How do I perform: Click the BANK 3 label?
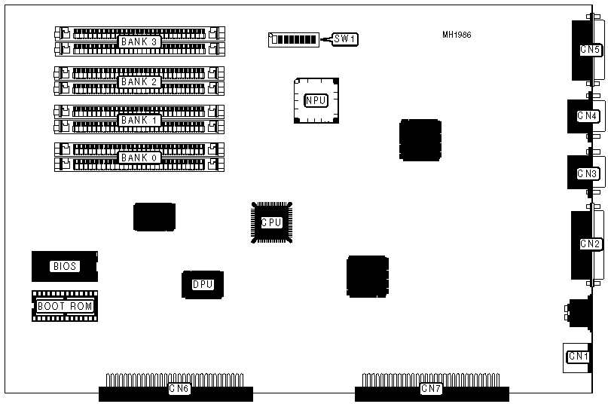[x=139, y=41]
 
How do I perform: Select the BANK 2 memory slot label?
[x=139, y=81]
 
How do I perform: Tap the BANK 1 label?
[x=139, y=120]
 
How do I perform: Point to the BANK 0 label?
[x=139, y=158]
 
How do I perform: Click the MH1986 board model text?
[x=457, y=35]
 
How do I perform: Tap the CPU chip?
[x=271, y=222]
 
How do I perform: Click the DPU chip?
[x=203, y=284]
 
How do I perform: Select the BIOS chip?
[x=65, y=266]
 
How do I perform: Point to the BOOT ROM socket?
[x=65, y=306]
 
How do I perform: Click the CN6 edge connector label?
[x=179, y=389]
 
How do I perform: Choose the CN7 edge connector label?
[x=431, y=389]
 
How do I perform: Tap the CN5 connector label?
[x=589, y=50]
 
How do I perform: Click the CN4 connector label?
[x=587, y=116]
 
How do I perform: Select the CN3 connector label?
[x=587, y=173]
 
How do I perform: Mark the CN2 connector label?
[x=589, y=243]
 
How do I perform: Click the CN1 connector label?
[x=578, y=357]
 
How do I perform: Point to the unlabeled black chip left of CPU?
[x=154, y=216]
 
